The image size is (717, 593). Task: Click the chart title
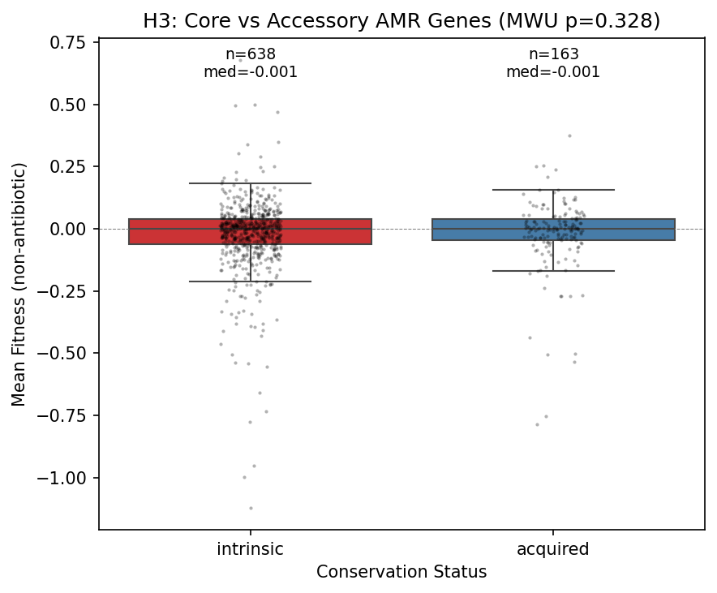click(x=401, y=21)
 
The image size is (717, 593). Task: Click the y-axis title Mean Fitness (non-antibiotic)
click(x=19, y=284)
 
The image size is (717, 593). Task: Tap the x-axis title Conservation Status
click(x=401, y=572)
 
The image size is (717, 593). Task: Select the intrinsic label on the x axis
click(x=250, y=549)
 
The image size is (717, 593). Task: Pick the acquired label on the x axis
click(x=553, y=549)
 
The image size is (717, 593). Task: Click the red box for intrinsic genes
click(x=162, y=232)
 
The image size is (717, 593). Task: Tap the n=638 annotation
click(x=250, y=54)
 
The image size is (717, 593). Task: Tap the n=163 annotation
click(x=553, y=54)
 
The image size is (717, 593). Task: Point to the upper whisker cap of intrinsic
click(x=250, y=183)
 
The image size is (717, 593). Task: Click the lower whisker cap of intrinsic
click(x=250, y=281)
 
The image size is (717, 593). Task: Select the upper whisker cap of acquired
click(x=553, y=190)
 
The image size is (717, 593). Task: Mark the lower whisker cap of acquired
click(x=553, y=271)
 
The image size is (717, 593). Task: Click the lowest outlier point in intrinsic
click(x=251, y=508)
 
